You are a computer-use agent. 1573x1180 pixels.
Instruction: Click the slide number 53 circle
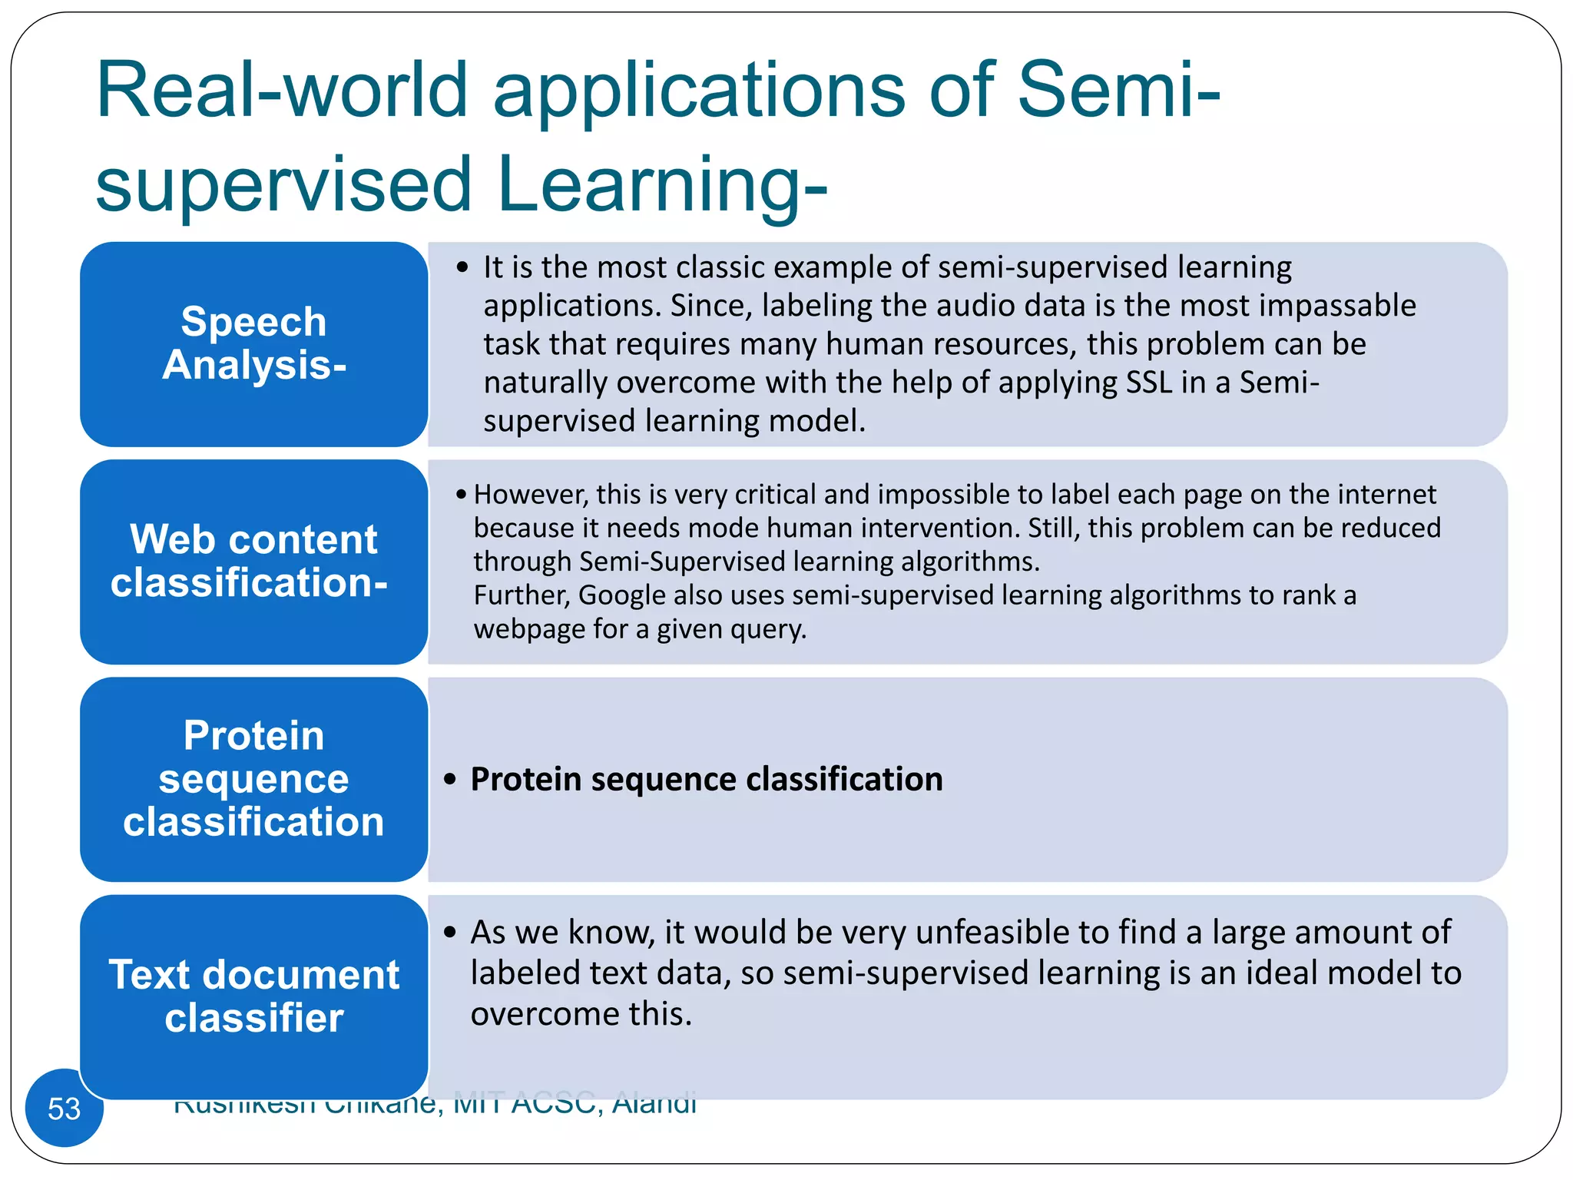64,1108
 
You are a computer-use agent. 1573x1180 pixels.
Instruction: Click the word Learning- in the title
662,184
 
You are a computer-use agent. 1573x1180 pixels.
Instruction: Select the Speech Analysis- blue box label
253,343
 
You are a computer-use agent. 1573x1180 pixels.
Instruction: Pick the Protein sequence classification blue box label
253,778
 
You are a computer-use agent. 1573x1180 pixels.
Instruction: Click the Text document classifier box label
253,996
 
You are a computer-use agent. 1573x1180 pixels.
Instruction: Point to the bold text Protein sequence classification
706,779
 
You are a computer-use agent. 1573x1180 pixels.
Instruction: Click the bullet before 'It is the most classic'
462,267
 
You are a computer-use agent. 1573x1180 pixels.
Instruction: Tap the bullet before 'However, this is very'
461,495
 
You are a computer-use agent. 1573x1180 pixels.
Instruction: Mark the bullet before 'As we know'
450,933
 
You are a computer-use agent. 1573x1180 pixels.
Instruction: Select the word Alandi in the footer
654,1104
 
